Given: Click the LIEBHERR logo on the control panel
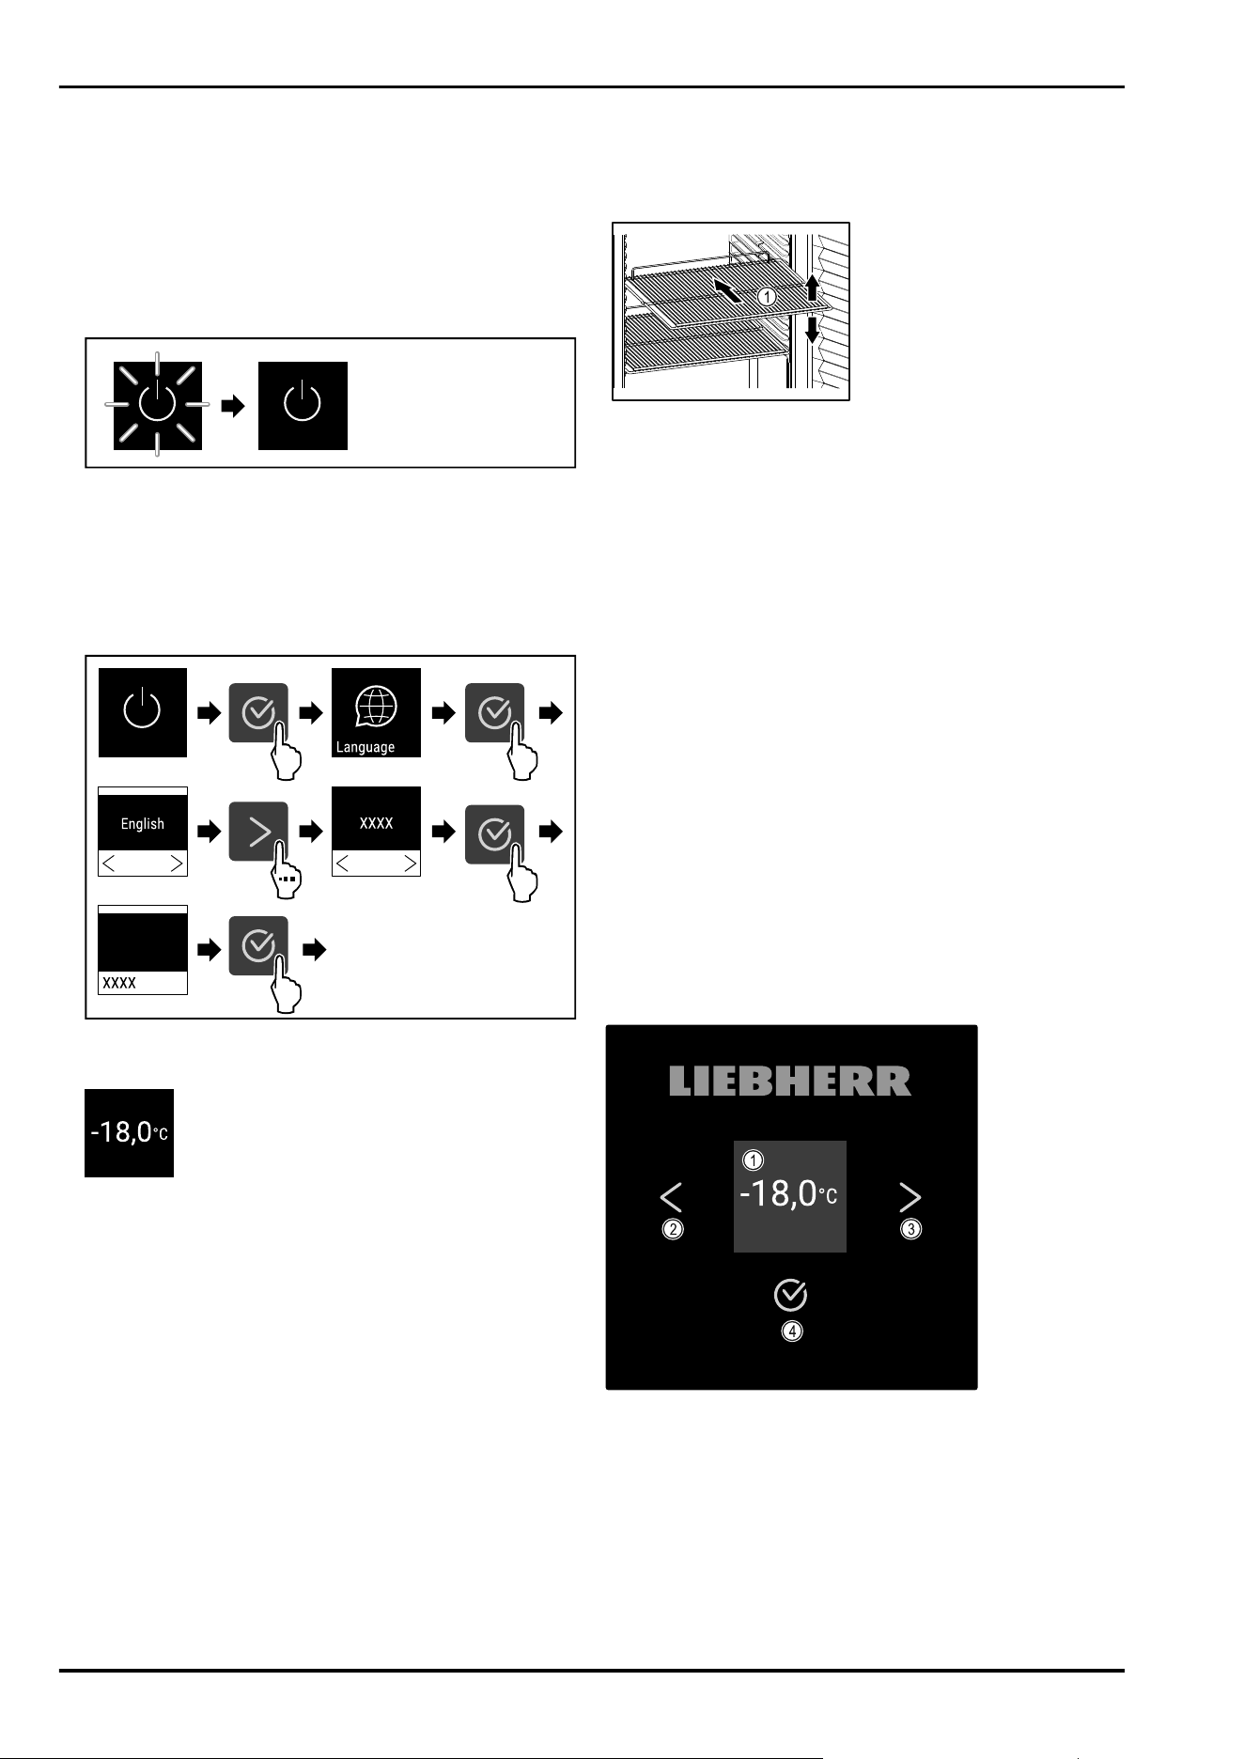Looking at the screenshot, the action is (x=790, y=1081).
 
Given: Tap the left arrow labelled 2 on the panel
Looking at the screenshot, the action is (x=671, y=1197).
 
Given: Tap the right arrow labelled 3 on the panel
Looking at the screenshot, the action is (x=910, y=1197).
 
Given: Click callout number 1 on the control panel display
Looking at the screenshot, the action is (x=753, y=1160).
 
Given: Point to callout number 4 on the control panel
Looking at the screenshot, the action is (x=792, y=1331).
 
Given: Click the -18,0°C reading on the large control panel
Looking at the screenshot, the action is (x=788, y=1194).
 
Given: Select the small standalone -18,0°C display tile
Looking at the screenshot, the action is (x=130, y=1132).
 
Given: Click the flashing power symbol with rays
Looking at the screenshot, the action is (x=157, y=404).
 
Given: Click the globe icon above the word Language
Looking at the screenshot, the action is (x=376, y=707).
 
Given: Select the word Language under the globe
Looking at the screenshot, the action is (x=365, y=748).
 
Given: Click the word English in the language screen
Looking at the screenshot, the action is (x=143, y=824).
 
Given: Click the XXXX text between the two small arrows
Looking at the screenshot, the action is (x=377, y=823).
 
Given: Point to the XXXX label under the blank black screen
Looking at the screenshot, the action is (x=119, y=983).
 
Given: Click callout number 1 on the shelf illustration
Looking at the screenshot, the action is (x=767, y=296).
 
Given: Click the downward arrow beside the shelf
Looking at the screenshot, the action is (x=814, y=330).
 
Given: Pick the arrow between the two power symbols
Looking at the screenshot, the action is (x=232, y=406).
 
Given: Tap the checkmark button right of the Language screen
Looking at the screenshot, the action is (x=494, y=713).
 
